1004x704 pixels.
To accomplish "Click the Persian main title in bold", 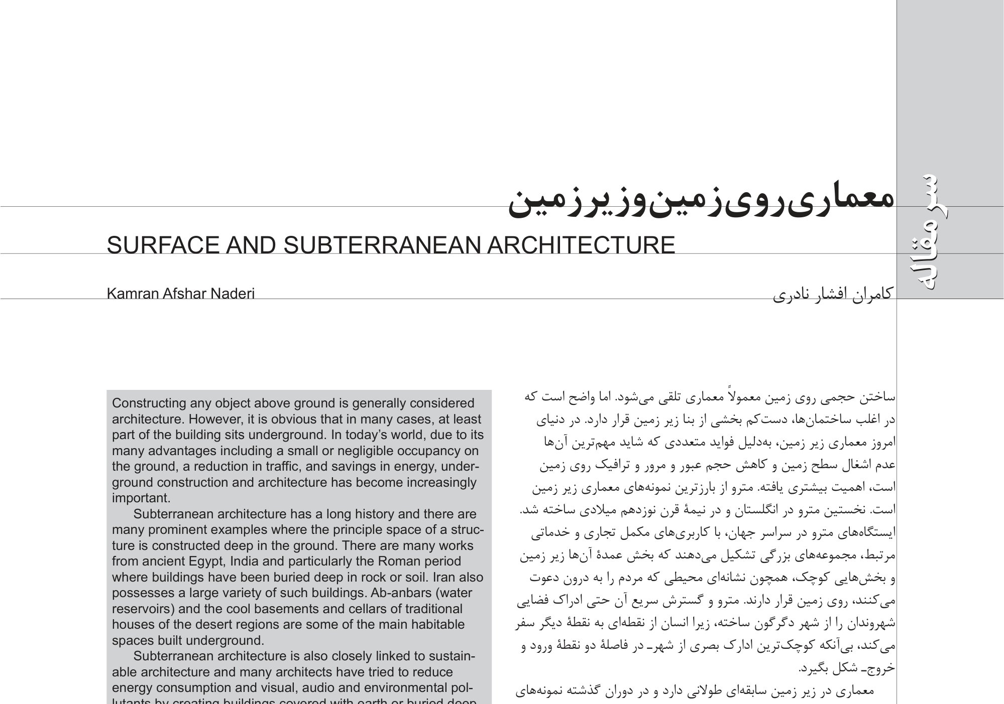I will (x=701, y=201).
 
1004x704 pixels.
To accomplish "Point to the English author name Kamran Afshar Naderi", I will (x=180, y=294).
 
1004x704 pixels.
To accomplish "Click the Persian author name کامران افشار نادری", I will (x=832, y=294).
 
